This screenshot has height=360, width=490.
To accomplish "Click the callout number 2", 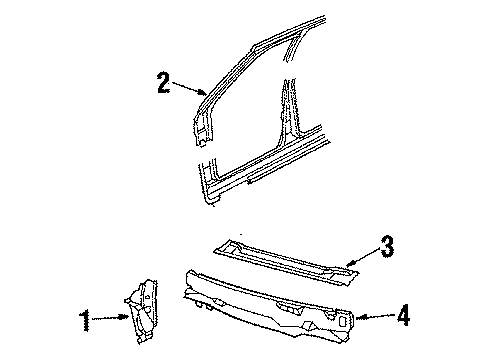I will pyautogui.click(x=163, y=83).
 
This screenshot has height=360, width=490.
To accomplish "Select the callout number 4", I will pyautogui.click(x=403, y=318).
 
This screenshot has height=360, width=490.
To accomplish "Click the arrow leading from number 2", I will pyautogui.click(x=188, y=88).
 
